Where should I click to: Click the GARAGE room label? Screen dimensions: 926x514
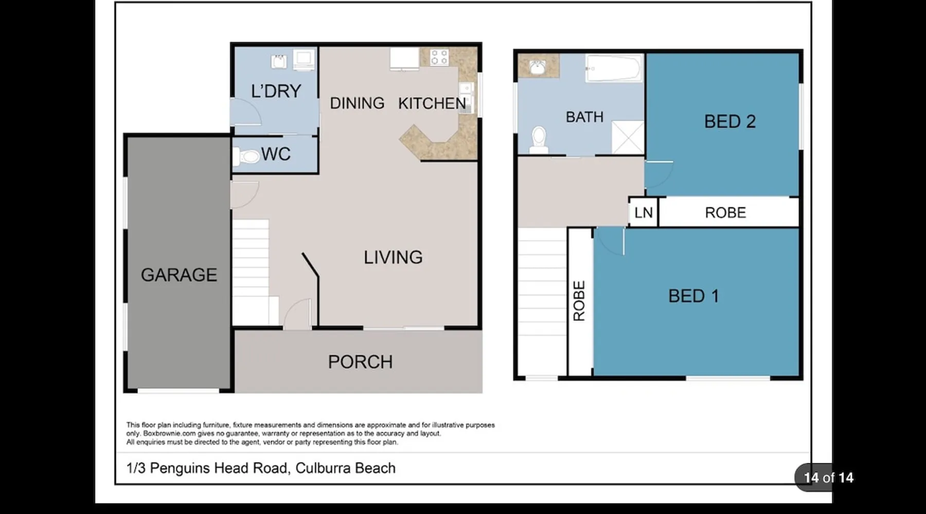(x=179, y=275)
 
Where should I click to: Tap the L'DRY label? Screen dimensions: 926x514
(x=276, y=91)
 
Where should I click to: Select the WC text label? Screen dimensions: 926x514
(x=276, y=154)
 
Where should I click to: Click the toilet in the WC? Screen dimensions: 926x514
(x=246, y=156)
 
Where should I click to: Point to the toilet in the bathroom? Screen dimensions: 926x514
(x=539, y=139)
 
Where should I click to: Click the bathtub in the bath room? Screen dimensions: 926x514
(x=614, y=68)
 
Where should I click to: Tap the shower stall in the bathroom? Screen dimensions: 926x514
(x=628, y=137)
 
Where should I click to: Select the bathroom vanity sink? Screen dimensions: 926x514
(x=538, y=66)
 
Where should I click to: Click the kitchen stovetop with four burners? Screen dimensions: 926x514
(x=439, y=57)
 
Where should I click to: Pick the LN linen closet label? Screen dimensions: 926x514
(x=644, y=212)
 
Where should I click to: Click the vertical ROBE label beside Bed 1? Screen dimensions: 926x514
(x=579, y=301)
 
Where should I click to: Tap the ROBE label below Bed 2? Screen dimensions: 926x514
(x=725, y=212)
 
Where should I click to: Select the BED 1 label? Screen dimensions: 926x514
(x=693, y=296)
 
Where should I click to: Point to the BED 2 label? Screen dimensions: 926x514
(x=730, y=121)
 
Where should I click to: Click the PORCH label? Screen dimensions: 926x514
(x=360, y=362)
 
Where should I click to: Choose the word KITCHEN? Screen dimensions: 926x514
(x=432, y=103)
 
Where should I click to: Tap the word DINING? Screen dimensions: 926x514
(x=357, y=103)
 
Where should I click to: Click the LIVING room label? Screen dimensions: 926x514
(x=393, y=257)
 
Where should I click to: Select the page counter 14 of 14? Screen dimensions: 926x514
(x=828, y=478)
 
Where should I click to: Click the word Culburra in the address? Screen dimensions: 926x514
(x=319, y=468)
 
